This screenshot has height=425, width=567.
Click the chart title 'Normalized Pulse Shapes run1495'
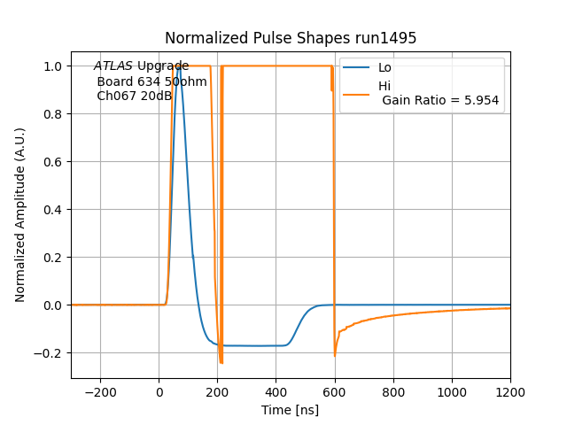tap(291, 38)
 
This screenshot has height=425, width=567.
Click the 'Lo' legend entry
tap(384, 68)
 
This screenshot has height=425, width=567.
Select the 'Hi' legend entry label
tap(384, 86)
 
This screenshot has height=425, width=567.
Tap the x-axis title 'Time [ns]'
tap(290, 410)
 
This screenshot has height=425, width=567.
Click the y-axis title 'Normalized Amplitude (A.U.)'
tap(20, 215)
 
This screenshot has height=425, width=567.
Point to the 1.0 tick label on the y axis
tap(52, 66)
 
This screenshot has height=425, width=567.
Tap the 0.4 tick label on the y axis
tap(52, 210)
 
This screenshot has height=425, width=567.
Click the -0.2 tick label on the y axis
tap(49, 353)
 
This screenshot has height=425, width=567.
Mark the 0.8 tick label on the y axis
tap(52, 114)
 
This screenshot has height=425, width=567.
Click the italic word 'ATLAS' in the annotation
tap(113, 66)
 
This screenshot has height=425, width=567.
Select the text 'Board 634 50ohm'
tap(151, 81)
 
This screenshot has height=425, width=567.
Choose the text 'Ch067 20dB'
tap(134, 96)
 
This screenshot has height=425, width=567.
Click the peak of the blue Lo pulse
tap(179, 67)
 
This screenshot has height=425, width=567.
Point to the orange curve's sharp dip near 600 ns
tap(335, 355)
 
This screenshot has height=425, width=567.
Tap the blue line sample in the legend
tap(357, 68)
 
